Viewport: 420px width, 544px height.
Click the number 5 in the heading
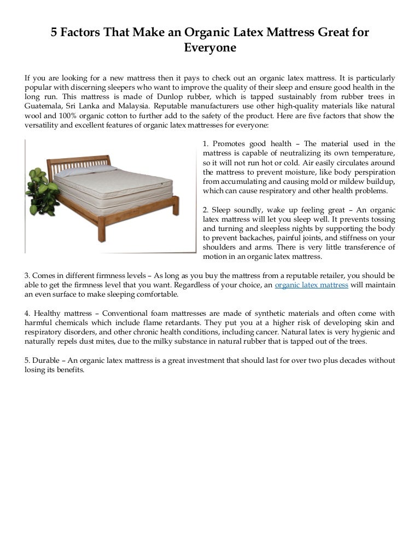[x=55, y=33]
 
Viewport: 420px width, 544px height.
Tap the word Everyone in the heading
[x=209, y=48]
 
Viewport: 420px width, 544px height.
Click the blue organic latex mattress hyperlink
[x=311, y=285]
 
